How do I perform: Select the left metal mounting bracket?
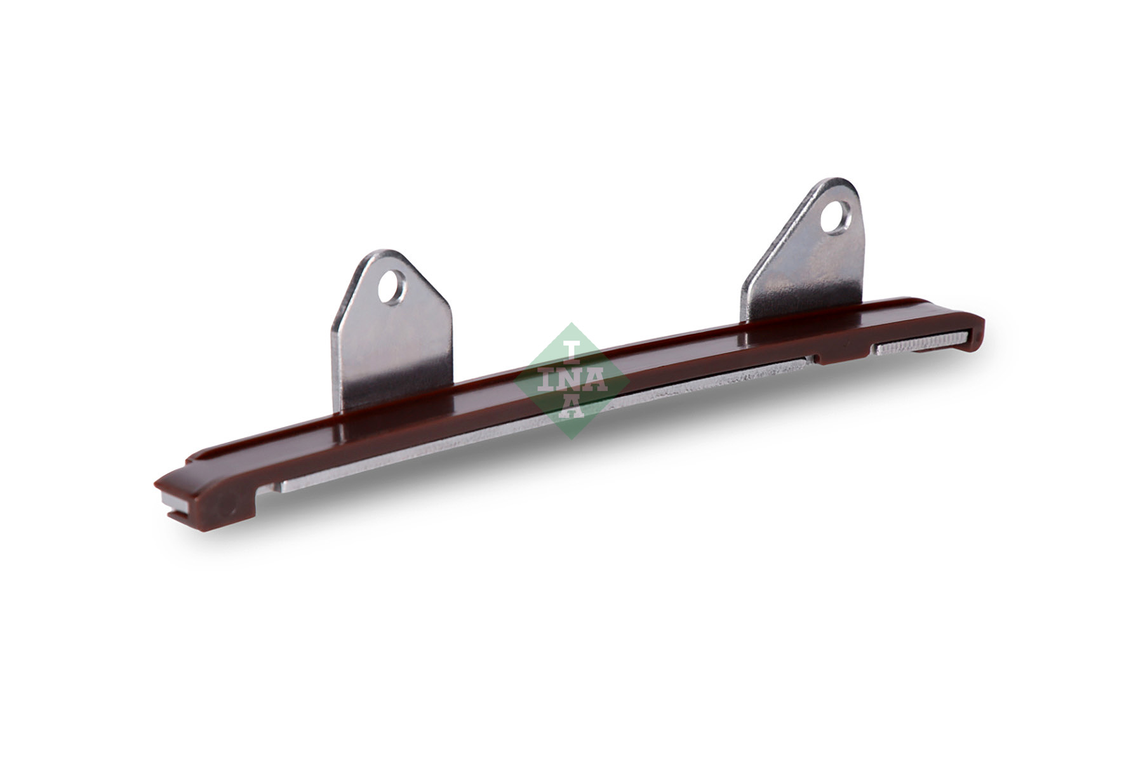point(392,330)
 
